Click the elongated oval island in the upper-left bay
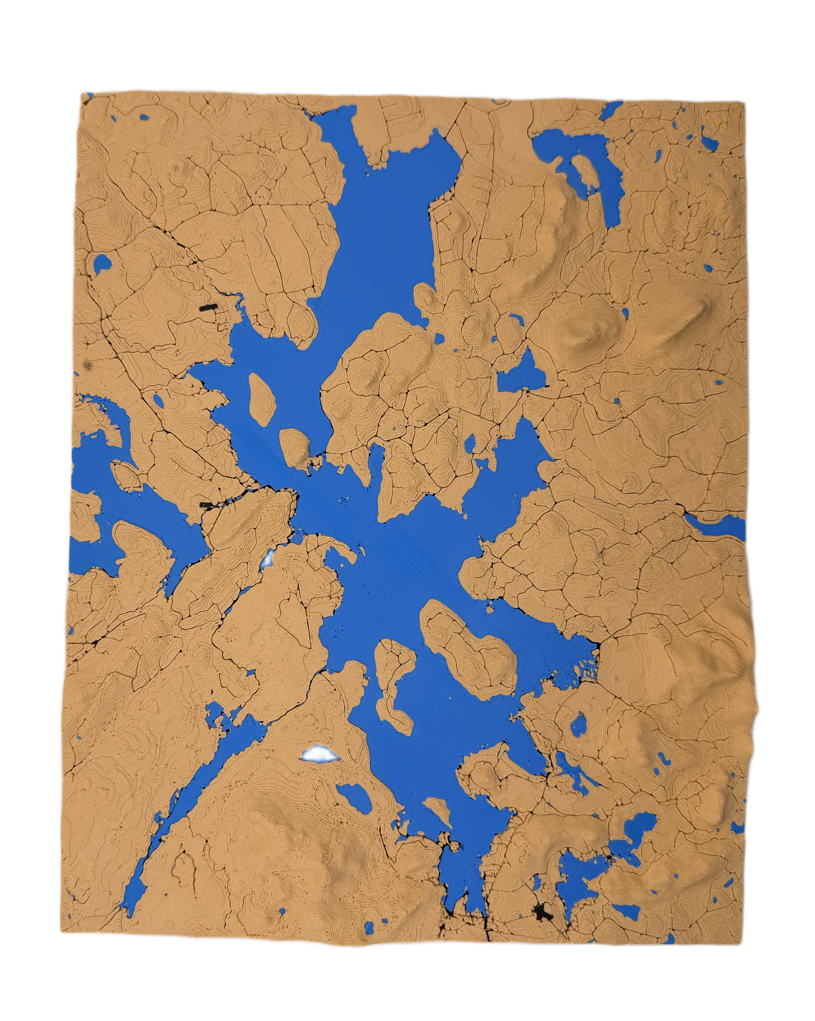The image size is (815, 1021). point(263,397)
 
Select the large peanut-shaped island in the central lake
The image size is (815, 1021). point(469,644)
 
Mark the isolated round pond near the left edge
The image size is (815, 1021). point(101,263)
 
